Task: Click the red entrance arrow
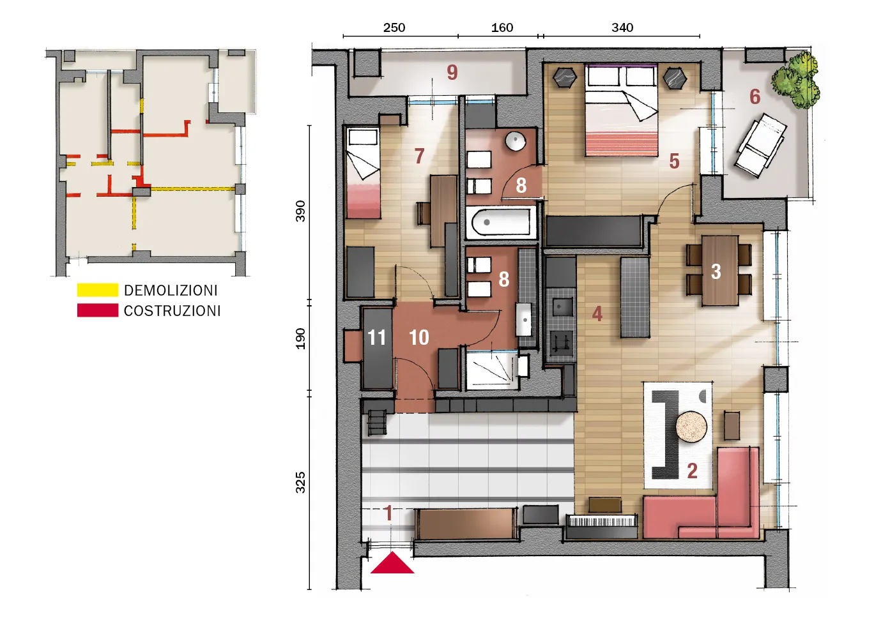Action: (x=392, y=563)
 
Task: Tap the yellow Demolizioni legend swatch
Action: (x=98, y=290)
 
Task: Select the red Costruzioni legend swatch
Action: (x=98, y=310)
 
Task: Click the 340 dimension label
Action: (x=622, y=27)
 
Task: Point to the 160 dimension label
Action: (x=502, y=27)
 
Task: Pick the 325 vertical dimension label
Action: (x=300, y=483)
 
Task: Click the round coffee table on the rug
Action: (x=691, y=427)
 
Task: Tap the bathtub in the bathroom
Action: (x=501, y=222)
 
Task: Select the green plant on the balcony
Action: (x=796, y=80)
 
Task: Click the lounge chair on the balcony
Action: (x=761, y=145)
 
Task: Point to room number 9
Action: (x=452, y=72)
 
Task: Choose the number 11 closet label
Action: (x=376, y=338)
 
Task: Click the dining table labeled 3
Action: (x=719, y=271)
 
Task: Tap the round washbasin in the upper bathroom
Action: (x=516, y=141)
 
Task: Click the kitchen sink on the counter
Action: (x=560, y=306)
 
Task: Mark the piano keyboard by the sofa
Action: (x=602, y=520)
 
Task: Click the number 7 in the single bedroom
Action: (x=419, y=156)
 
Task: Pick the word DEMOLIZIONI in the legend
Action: (x=171, y=291)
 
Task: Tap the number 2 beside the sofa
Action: (x=692, y=471)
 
